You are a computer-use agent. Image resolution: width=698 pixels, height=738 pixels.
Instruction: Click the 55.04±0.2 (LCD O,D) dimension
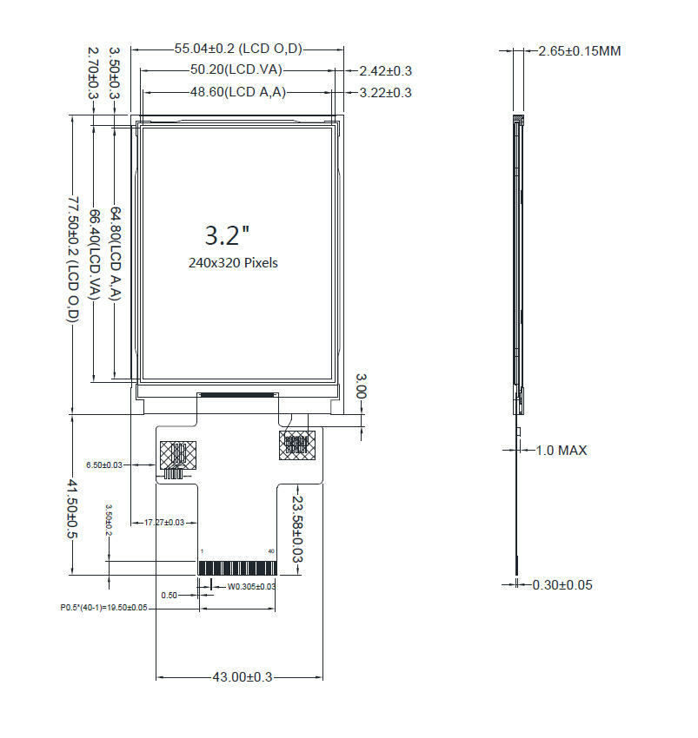click(238, 49)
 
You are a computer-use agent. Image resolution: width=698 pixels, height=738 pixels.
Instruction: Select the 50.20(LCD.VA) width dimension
click(236, 69)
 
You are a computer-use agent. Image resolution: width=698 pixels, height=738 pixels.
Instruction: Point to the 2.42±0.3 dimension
click(380, 70)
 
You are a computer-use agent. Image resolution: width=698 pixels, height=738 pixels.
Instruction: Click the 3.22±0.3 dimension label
click(380, 92)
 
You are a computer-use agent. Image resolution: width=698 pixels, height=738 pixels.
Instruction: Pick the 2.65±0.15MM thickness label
click(579, 51)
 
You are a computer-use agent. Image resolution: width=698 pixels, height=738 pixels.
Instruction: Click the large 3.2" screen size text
click(228, 234)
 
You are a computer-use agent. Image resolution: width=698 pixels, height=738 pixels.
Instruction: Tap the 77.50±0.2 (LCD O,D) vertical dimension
click(74, 260)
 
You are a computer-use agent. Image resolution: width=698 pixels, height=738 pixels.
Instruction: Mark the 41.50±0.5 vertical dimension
click(74, 509)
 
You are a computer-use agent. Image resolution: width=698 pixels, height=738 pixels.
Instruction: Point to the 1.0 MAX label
click(561, 450)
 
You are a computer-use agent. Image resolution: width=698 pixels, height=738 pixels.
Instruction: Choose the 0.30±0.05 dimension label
click(562, 584)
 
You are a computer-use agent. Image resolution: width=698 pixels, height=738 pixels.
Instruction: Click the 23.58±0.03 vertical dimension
click(298, 530)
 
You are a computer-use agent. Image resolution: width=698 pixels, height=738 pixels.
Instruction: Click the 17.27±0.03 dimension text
click(164, 522)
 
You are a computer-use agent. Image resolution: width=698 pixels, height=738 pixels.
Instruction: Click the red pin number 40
click(272, 551)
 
